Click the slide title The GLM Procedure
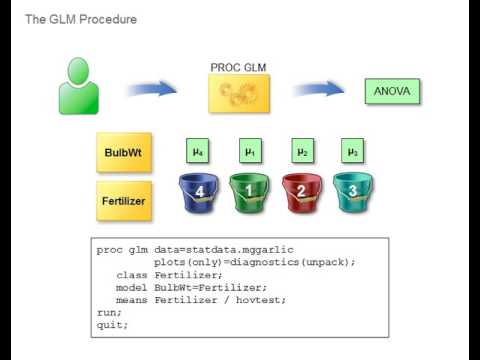80,19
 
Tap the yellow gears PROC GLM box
240,92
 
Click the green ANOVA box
392,91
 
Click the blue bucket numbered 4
199,191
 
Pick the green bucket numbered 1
250,191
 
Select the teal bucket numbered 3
351,191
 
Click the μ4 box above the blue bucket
199,151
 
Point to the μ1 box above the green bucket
250,151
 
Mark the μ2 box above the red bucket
301,151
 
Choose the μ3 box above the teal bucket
351,151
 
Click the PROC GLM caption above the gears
239,67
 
